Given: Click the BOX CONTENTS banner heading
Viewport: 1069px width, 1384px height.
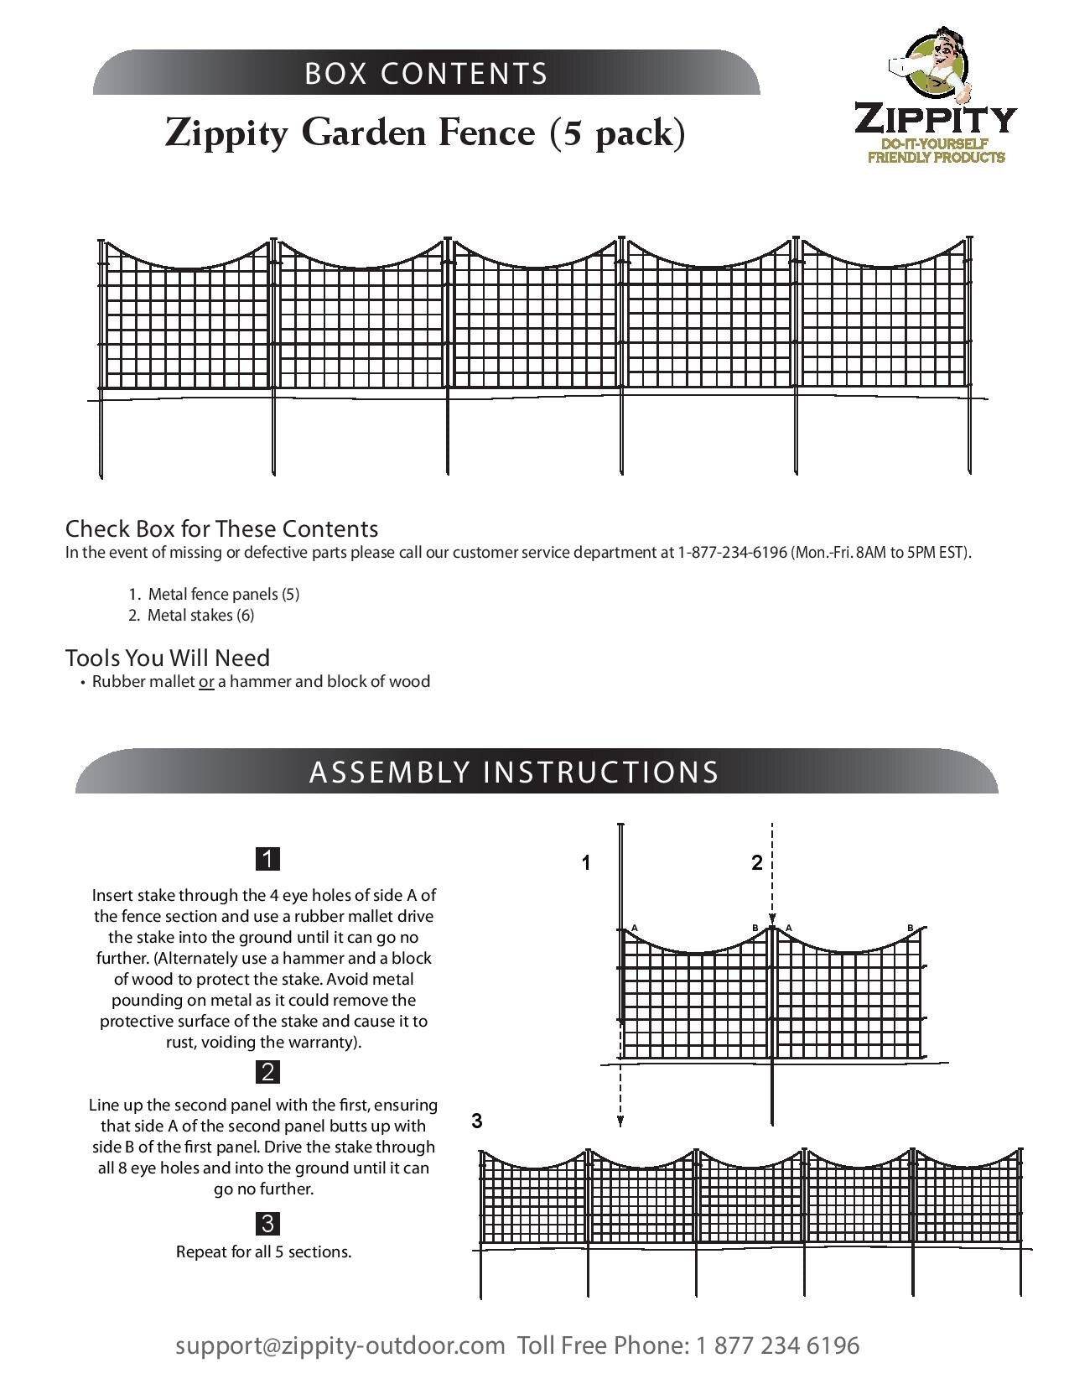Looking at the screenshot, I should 426,74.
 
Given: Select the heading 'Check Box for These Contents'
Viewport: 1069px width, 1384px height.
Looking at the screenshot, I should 221,528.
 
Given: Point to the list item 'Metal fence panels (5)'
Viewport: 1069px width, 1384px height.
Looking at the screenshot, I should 223,594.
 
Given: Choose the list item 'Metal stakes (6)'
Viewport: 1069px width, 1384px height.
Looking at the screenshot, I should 200,615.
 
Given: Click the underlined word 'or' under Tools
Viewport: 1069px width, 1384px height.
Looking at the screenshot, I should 206,681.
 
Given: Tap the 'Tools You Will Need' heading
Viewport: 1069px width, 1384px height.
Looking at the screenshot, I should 168,658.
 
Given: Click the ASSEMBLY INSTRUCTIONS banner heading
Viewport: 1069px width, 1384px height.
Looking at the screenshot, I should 514,772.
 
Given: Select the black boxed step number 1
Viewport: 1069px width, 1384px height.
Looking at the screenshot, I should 267,859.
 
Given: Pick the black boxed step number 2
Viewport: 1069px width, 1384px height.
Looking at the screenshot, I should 267,1071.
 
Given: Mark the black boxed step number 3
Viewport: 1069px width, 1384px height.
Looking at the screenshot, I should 267,1223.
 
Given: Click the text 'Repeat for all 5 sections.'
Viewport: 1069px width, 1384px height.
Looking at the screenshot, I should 263,1251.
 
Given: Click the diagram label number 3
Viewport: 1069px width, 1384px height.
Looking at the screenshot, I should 477,1121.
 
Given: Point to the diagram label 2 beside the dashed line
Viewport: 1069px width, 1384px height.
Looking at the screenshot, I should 757,862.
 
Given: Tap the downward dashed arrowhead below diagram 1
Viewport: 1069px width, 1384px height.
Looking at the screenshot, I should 620,1120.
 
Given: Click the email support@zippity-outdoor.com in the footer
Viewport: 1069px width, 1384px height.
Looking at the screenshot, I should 340,1345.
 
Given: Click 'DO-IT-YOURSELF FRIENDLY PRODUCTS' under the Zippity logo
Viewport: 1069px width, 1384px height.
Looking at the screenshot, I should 936,151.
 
